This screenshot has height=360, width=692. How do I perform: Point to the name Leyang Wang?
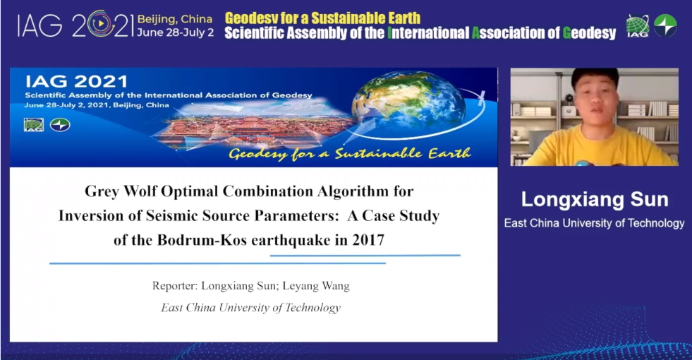point(316,286)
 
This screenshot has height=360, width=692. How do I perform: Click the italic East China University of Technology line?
point(250,308)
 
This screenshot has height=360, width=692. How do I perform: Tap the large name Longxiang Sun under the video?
point(595,200)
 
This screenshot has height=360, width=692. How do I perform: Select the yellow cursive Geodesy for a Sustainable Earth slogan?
point(350,154)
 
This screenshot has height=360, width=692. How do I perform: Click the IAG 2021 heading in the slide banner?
point(76,82)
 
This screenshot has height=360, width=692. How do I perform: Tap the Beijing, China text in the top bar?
point(175,20)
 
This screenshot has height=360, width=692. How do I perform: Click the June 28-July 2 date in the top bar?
point(175,32)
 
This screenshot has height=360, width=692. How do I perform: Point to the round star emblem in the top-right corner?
point(665,25)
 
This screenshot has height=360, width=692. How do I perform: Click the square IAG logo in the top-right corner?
point(638,26)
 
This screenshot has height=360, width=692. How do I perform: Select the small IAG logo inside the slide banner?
point(34,125)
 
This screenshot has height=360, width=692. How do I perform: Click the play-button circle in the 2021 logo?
point(101,24)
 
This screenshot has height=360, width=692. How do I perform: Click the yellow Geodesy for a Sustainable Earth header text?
point(322,18)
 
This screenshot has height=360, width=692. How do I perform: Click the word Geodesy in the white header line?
point(589,33)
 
